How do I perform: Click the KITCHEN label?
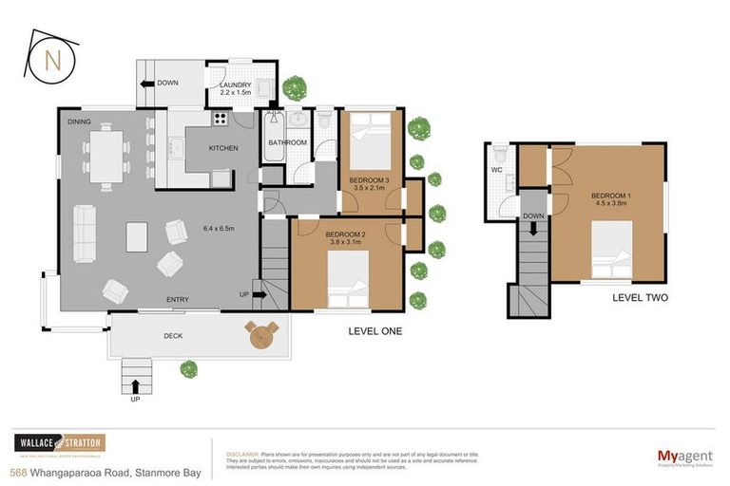coord(223,148)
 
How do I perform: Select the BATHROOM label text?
coord(287,143)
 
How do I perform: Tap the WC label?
coord(497,171)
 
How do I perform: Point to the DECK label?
coord(172,336)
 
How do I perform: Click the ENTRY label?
coord(178,300)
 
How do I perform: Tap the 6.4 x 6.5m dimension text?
coord(221,228)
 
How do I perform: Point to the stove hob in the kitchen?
coord(221,120)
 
